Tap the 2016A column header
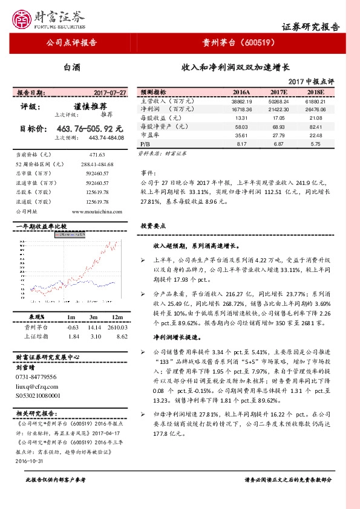tap(242, 92)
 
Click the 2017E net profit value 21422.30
tap(278, 109)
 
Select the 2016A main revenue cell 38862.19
tap(241, 102)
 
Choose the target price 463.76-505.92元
tap(90, 128)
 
